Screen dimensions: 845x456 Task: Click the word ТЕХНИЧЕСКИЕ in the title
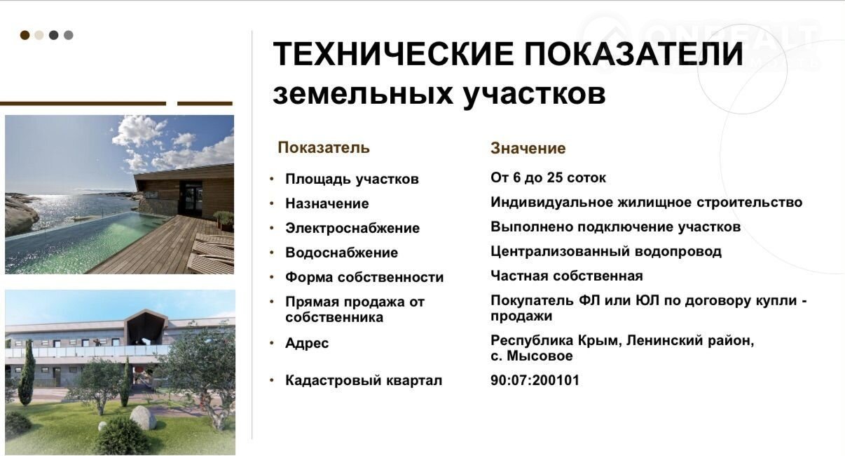tap(393, 53)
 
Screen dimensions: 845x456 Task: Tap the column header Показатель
tap(324, 148)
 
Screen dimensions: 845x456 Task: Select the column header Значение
tap(528, 148)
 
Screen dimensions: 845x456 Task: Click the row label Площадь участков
tap(352, 179)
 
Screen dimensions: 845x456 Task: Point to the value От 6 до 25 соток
tap(548, 177)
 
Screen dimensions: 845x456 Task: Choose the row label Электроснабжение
tap(352, 228)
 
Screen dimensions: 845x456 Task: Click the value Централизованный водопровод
tap(606, 252)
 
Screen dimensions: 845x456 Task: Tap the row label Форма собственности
tap(364, 277)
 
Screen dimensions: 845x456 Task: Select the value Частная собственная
tap(567, 276)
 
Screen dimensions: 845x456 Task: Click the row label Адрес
tap(307, 344)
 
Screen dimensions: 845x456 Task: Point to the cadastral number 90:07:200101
tap(535, 380)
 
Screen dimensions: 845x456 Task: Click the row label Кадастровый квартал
tap(364, 380)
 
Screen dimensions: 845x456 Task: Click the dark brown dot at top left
tap(25, 35)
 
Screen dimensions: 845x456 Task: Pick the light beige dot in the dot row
tap(39, 35)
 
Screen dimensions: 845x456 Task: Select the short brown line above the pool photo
tap(205, 103)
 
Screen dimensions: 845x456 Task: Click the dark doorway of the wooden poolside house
tap(191, 197)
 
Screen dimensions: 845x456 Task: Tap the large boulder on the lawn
tap(143, 418)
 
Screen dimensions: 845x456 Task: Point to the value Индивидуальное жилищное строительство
tap(646, 203)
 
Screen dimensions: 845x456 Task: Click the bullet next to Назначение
tap(272, 203)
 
